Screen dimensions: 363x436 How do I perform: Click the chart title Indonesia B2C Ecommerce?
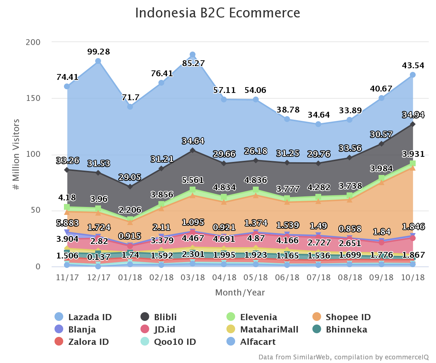point(218,13)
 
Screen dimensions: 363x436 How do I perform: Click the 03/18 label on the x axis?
point(193,278)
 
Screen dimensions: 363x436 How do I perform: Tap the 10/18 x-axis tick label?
point(413,278)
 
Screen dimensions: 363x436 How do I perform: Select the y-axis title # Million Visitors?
point(16,154)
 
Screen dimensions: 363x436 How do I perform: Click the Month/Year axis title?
point(240,293)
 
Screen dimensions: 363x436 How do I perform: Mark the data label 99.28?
point(98,52)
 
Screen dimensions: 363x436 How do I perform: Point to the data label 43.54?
point(413,66)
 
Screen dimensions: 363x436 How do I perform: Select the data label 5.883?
point(68,224)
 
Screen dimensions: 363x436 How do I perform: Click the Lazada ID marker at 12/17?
point(98,61)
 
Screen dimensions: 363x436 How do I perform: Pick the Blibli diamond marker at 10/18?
point(413,124)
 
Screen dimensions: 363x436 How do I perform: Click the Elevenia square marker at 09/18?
point(381,178)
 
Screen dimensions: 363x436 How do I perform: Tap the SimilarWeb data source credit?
point(343,357)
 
